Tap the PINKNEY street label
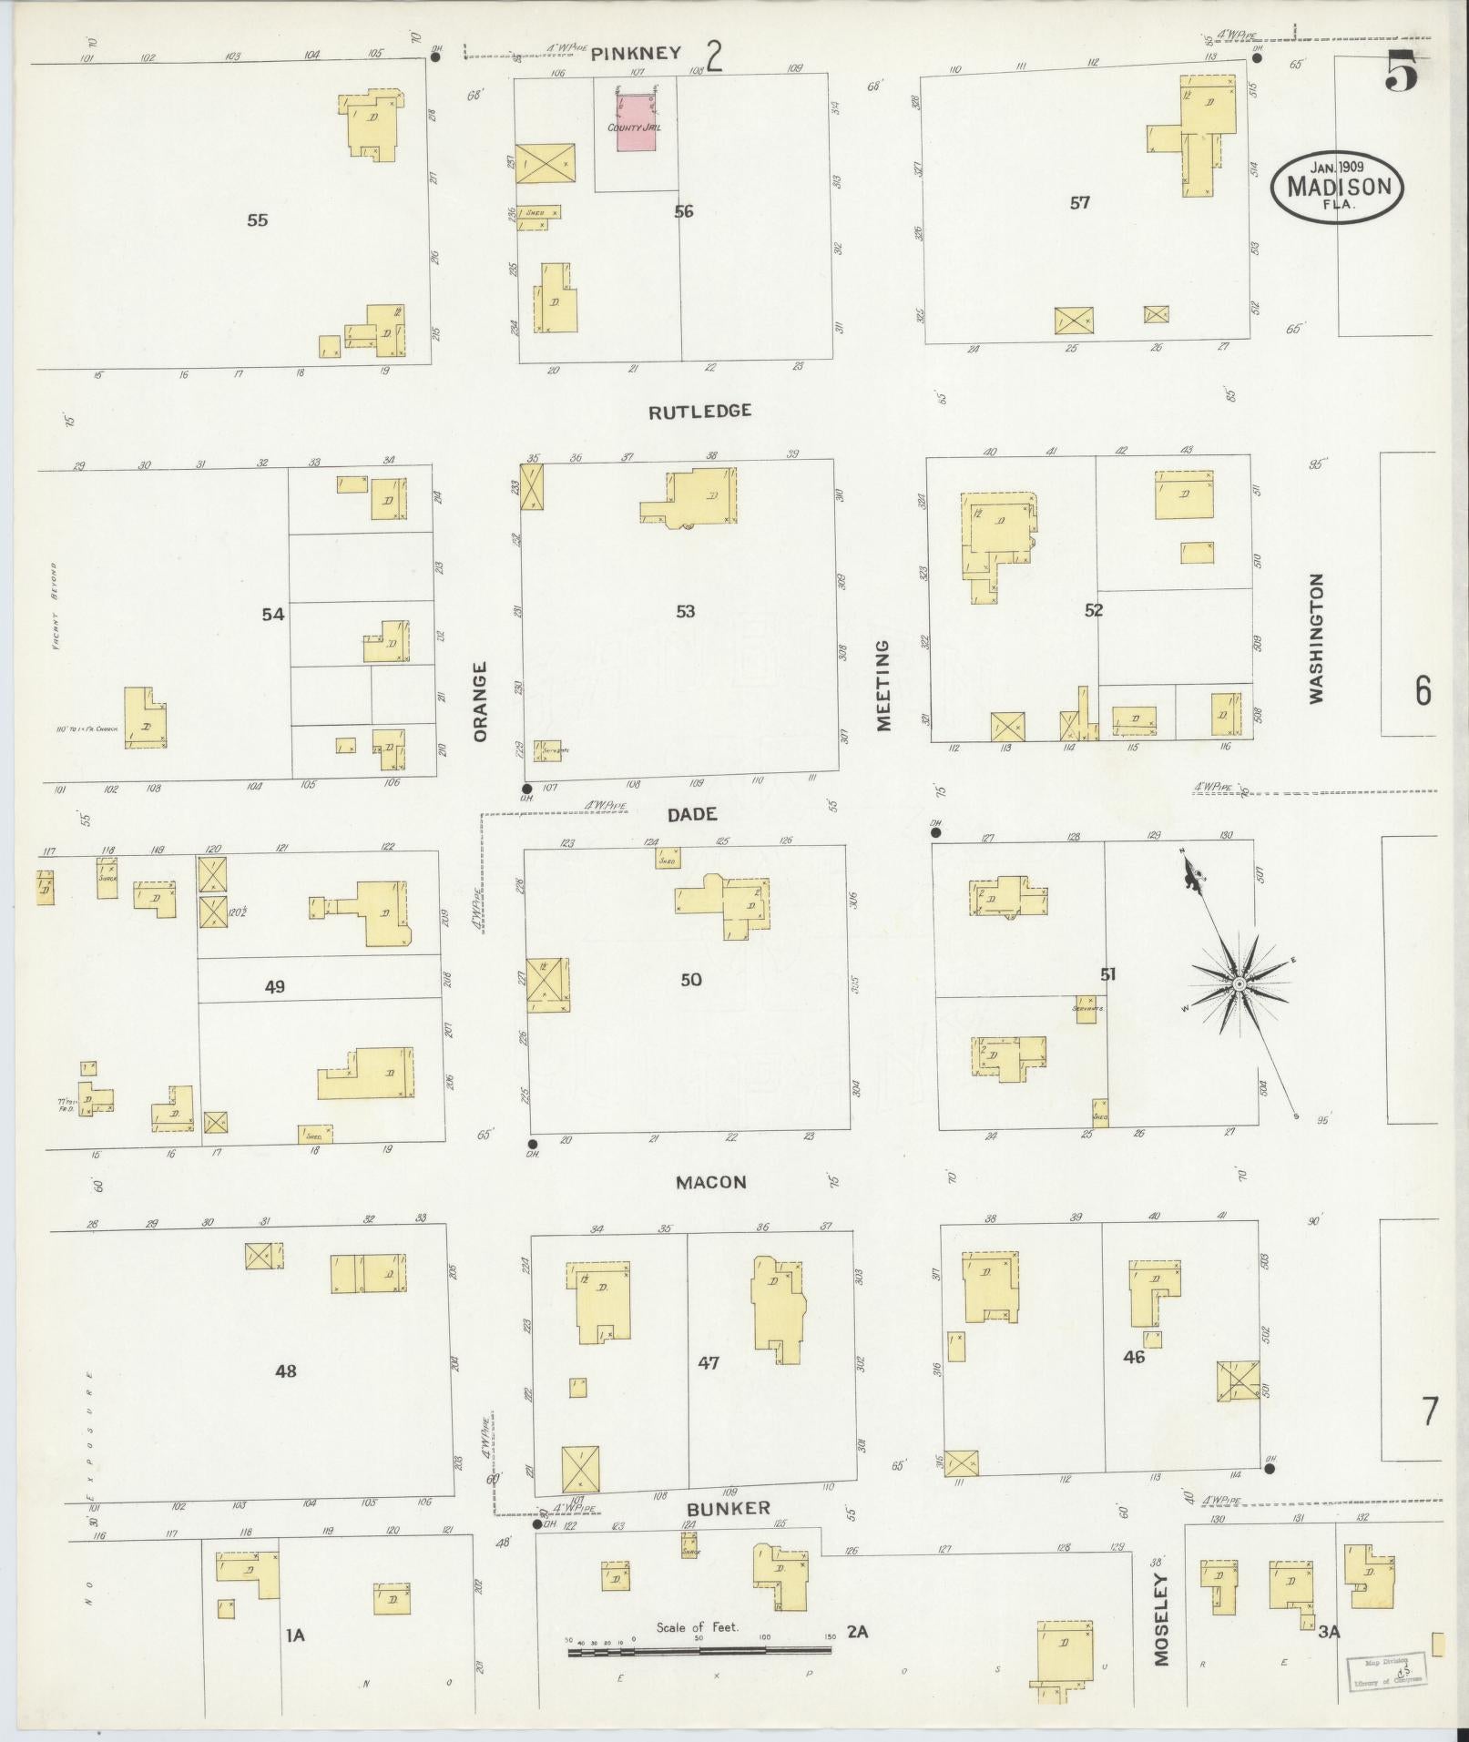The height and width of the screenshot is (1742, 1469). click(x=636, y=54)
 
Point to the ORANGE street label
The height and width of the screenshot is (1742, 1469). click(x=481, y=701)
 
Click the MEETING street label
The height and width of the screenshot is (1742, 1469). click(x=882, y=685)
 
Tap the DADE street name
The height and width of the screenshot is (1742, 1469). click(x=692, y=815)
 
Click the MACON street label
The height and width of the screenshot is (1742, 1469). click(x=710, y=1182)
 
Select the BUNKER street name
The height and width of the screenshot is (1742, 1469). click(x=729, y=1509)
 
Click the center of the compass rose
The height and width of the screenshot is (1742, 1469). click(x=1239, y=984)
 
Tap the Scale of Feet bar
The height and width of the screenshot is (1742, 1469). click(x=699, y=1651)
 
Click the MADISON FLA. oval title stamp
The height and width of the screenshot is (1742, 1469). click(x=1338, y=186)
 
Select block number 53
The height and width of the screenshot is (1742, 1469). click(x=685, y=611)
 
